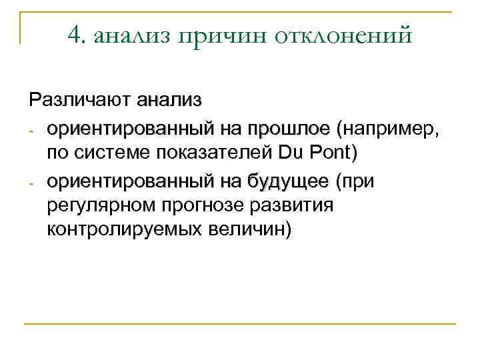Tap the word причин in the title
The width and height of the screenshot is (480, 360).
[213, 37]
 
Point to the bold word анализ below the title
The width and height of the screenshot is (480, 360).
[169, 101]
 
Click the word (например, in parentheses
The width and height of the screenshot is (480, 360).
[389, 127]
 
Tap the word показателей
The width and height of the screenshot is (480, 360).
[213, 153]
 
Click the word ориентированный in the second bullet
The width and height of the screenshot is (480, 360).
[127, 181]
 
